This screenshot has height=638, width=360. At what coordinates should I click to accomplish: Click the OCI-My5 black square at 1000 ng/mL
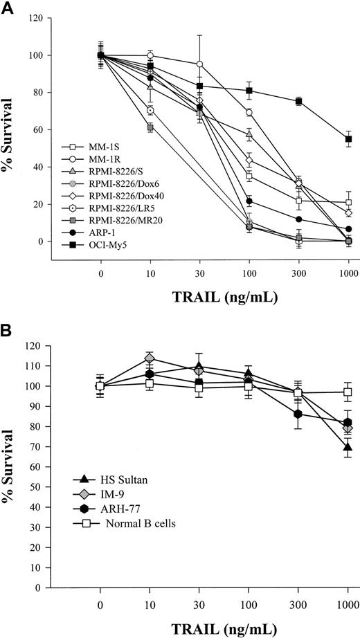349,139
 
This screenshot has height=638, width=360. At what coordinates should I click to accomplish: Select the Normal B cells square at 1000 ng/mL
349,392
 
